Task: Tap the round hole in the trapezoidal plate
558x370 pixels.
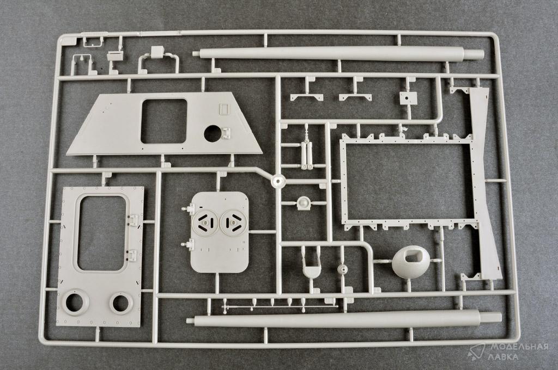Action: click(x=214, y=133)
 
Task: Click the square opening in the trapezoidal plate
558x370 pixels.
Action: click(x=163, y=121)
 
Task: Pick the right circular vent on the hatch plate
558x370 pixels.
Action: click(x=233, y=223)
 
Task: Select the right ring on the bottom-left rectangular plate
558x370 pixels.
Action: click(x=121, y=302)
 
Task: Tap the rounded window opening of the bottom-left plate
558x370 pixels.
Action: click(x=101, y=233)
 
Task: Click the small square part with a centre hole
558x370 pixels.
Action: click(x=408, y=98)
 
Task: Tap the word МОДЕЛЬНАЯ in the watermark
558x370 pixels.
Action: click(x=518, y=347)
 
